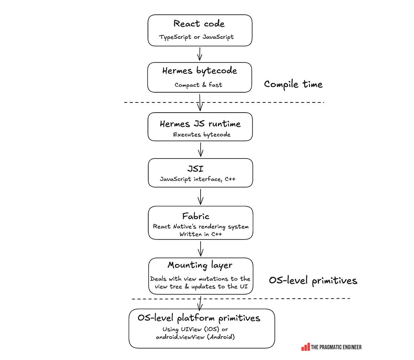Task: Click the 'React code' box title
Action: [199, 23]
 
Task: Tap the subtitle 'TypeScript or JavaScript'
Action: [196, 37]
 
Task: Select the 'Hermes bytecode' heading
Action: [199, 71]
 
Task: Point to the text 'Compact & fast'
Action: [198, 85]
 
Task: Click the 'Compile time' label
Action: [293, 84]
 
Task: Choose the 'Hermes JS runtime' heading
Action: [200, 124]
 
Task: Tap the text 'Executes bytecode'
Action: [202, 134]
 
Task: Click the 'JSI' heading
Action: [195, 168]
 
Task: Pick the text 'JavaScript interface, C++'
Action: [198, 179]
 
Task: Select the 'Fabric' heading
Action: [196, 216]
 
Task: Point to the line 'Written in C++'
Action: [201, 234]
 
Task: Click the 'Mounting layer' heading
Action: [200, 265]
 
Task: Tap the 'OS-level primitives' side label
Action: [313, 281]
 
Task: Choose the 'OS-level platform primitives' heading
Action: [199, 318]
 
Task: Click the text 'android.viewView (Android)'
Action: [195, 337]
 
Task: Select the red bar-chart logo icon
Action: [306, 347]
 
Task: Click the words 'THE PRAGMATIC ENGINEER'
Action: [336, 347]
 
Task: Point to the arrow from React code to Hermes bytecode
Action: [199, 54]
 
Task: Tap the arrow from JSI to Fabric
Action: [201, 197]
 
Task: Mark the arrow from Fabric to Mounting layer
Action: [201, 249]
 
